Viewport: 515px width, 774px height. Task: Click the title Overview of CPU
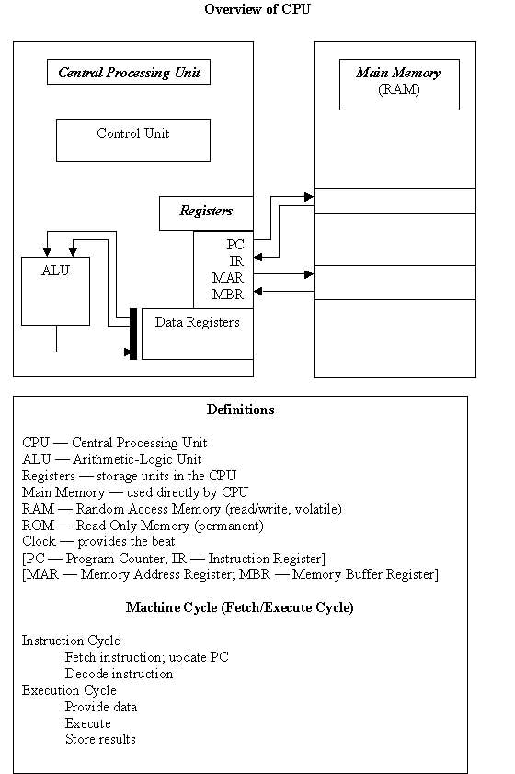pos(257,9)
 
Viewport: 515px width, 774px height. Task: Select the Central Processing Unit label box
pos(128,72)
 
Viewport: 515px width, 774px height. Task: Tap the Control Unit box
pos(133,140)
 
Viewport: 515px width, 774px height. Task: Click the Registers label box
pos(206,214)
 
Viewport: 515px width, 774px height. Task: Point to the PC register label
pos(235,244)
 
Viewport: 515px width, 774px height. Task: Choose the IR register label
pos(236,261)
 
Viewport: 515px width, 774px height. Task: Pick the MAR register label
pos(228,278)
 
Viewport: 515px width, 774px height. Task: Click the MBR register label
pos(228,295)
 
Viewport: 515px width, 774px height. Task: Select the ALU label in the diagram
pos(55,270)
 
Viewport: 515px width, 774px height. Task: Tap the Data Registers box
pos(198,334)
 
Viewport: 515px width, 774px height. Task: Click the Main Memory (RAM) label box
pos(399,85)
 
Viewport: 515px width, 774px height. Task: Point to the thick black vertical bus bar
pos(133,334)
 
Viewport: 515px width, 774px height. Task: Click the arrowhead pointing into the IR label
pos(258,257)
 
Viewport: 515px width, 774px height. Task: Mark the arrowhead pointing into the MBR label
pos(258,291)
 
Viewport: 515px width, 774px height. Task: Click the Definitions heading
pos(240,410)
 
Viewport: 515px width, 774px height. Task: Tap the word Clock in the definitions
pos(39,541)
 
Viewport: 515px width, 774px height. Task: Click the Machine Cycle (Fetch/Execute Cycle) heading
pos(240,607)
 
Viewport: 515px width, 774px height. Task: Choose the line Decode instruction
pos(119,674)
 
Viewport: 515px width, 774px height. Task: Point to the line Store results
pos(100,739)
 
